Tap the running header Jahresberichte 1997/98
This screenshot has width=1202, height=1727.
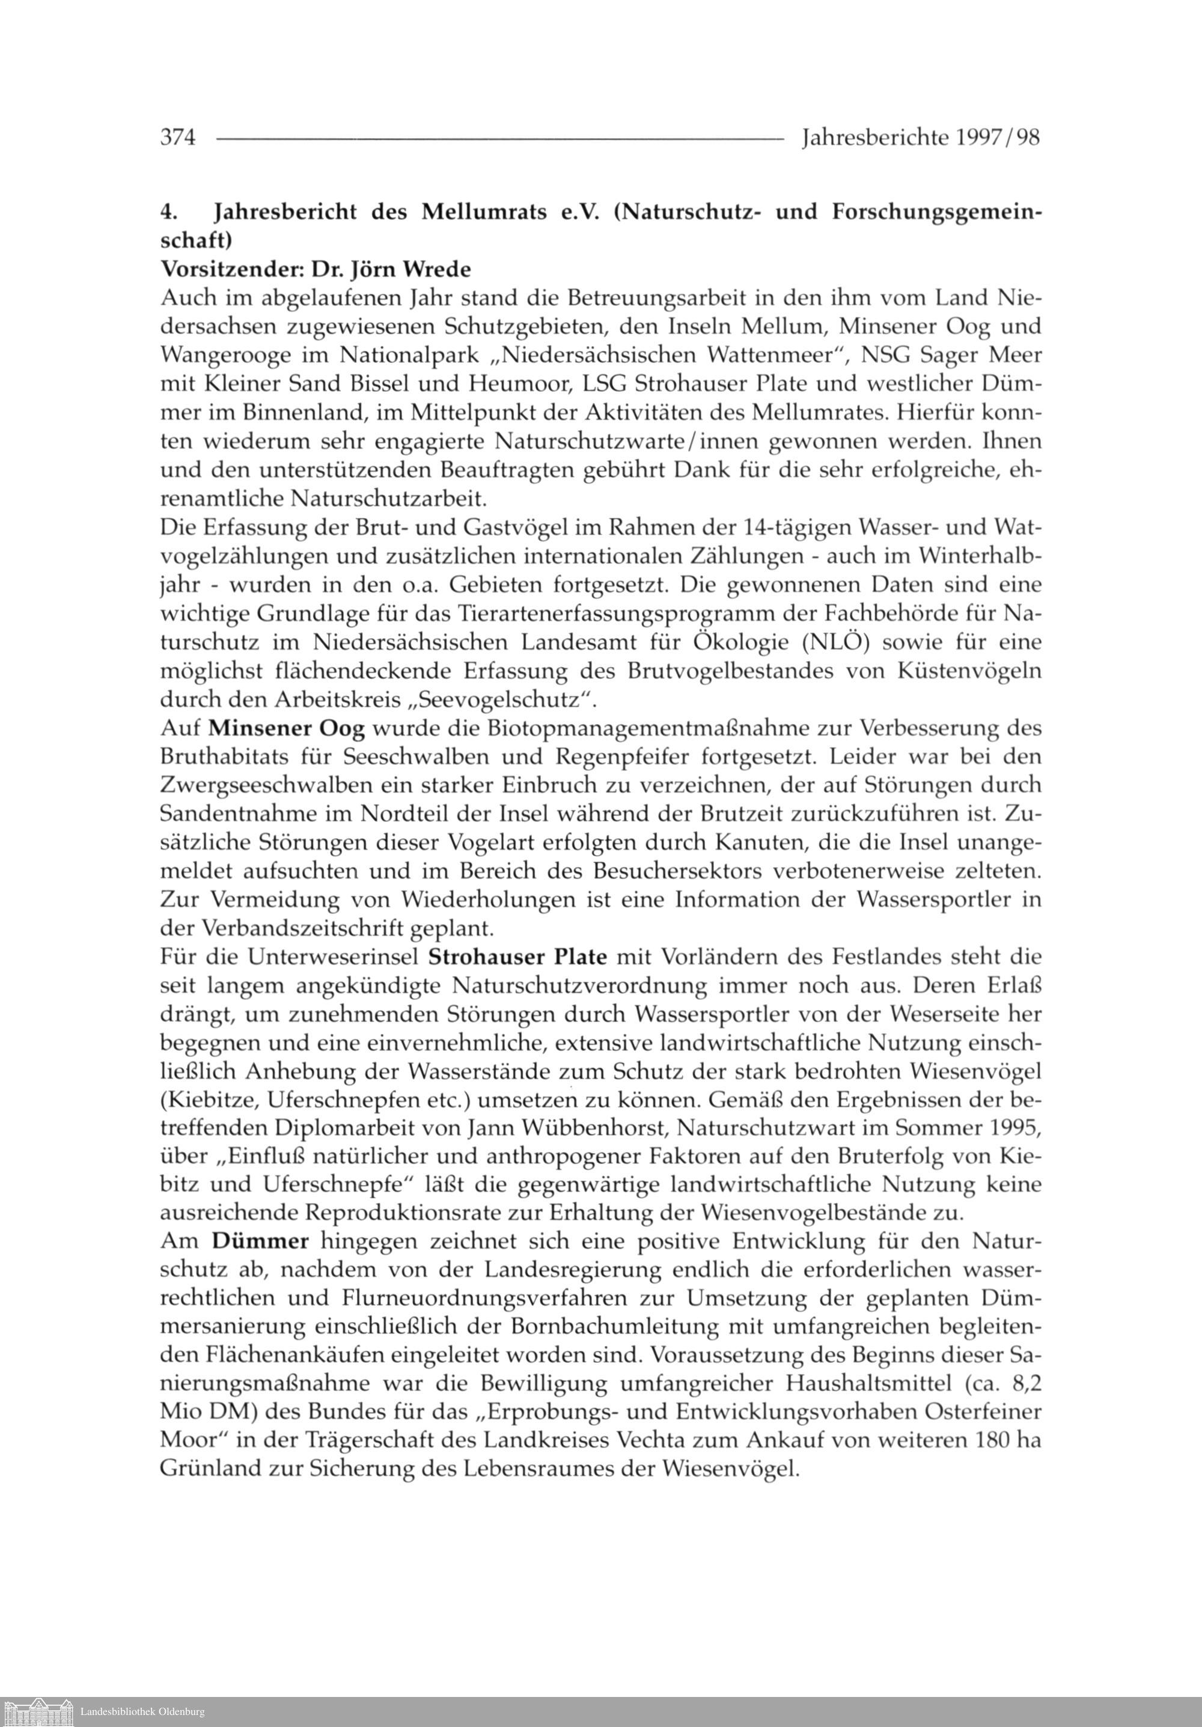click(921, 138)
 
